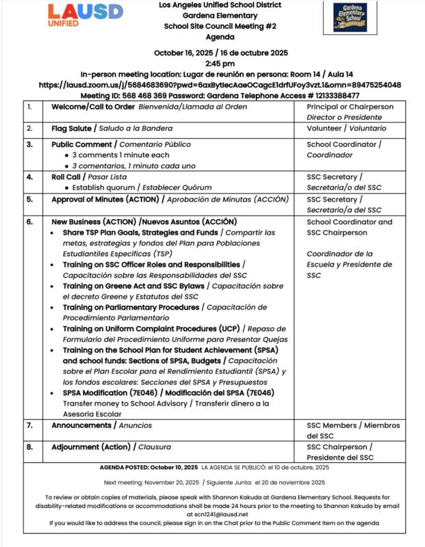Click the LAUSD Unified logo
click(x=86, y=14)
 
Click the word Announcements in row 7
click(x=83, y=425)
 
